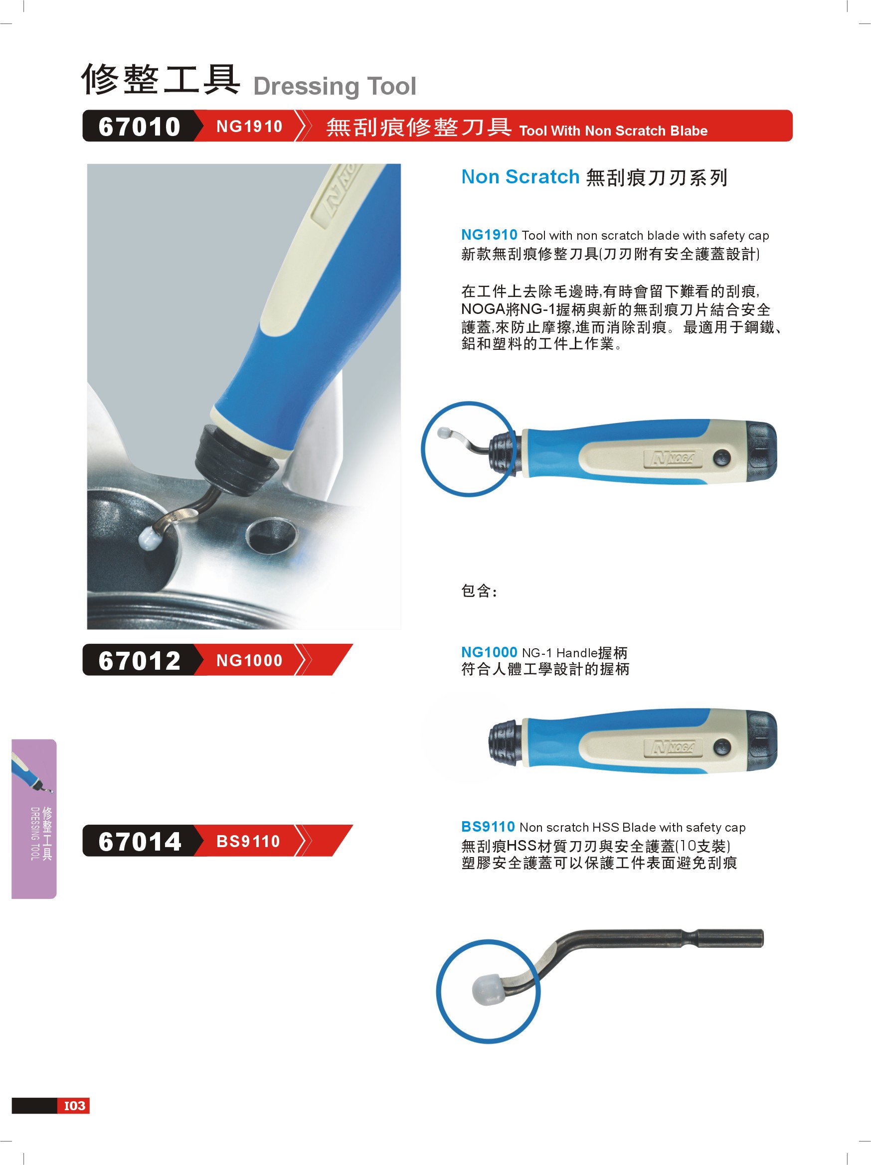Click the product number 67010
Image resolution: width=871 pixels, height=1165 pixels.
139,127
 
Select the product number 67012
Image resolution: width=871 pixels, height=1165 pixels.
139,660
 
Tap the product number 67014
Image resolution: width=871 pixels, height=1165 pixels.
140,841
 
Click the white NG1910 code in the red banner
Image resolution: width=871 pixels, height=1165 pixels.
249,127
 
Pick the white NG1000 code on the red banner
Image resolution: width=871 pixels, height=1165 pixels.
249,660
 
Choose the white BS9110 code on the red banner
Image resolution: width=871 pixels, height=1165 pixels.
248,841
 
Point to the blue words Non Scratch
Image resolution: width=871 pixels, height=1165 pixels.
520,177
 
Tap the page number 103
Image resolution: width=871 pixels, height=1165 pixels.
74,1106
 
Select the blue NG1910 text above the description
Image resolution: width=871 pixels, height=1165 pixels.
489,234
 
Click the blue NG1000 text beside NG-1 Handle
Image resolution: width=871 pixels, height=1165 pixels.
489,652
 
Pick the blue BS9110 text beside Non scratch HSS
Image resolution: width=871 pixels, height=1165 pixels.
488,826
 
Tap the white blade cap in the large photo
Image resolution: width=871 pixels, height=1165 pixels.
151,537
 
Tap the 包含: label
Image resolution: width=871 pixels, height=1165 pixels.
479,591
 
